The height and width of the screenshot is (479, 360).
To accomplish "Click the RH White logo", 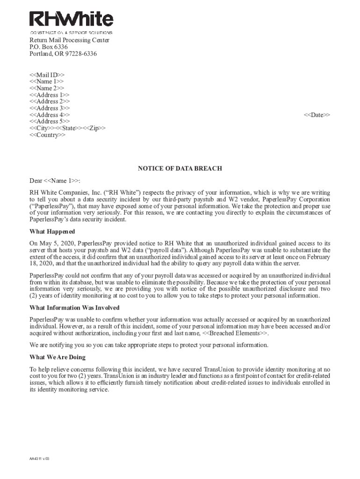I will pyautogui.click(x=71, y=19).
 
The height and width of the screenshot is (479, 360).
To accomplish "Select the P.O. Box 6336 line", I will pyautogui.click(x=49, y=47).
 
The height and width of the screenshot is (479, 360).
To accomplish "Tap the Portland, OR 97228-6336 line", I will pyautogui.click(x=63, y=54).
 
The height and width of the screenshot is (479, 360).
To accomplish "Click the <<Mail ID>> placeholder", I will pyautogui.click(x=47, y=75).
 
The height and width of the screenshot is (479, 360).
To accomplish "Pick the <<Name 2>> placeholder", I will pyautogui.click(x=47, y=88).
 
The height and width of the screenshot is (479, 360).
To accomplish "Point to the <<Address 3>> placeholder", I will pyautogui.click(x=50, y=108).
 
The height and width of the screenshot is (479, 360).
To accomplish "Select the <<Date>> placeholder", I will pyautogui.click(x=317, y=115).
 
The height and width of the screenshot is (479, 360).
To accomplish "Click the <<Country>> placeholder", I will pyautogui.click(x=48, y=135).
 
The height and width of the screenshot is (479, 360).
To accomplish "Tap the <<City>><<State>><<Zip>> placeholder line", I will pyautogui.click(x=67, y=128).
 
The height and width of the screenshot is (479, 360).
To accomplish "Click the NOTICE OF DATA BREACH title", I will pyautogui.click(x=180, y=168).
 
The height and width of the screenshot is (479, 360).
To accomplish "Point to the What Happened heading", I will pyautogui.click(x=52, y=232).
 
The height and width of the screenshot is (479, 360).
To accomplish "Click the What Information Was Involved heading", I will pyautogui.click(x=74, y=308).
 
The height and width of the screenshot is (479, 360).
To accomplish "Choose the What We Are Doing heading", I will pyautogui.click(x=58, y=357).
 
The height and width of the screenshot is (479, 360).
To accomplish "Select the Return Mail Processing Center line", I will pyautogui.click(x=69, y=40).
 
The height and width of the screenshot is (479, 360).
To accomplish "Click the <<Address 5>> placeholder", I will pyautogui.click(x=50, y=122).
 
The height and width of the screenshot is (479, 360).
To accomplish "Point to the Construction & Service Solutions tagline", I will pyautogui.click(x=71, y=33).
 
